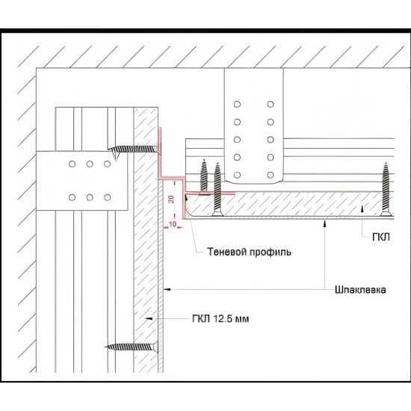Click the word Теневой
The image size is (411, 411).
click(x=227, y=252)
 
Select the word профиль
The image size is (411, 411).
click(x=271, y=252)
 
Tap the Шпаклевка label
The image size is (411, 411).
click(x=360, y=290)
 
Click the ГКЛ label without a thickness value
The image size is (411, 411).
click(x=381, y=237)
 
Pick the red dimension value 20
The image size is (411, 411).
click(x=170, y=200)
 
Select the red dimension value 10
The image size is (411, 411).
click(x=172, y=224)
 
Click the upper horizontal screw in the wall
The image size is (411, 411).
click(x=134, y=149)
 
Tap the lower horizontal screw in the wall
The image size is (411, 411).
click(x=132, y=347)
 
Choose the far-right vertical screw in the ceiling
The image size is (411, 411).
click(x=386, y=189)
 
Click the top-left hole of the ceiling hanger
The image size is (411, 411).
click(x=237, y=105)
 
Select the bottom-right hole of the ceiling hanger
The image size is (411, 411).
click(x=271, y=175)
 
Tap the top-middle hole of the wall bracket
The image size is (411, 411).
click(x=90, y=164)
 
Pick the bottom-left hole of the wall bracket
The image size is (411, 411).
click(x=72, y=197)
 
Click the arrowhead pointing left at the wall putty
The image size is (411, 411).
click(x=167, y=289)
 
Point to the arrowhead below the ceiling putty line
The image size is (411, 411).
click(x=325, y=223)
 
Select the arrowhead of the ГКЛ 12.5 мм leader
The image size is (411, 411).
click(x=149, y=318)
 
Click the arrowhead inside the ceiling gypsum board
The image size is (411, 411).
click(x=362, y=208)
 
